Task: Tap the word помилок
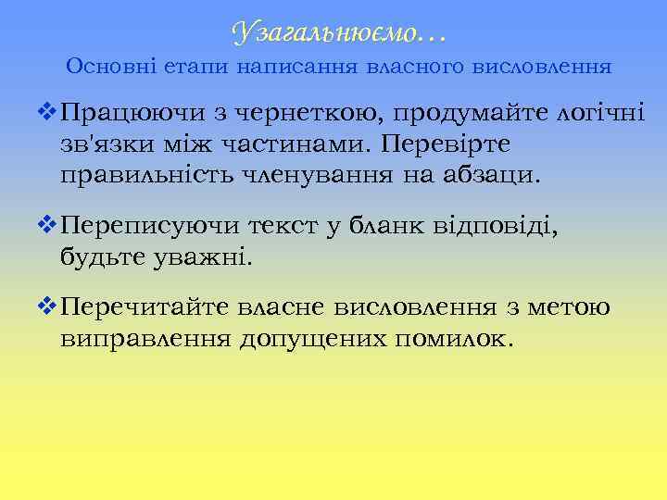pos(453,338)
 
